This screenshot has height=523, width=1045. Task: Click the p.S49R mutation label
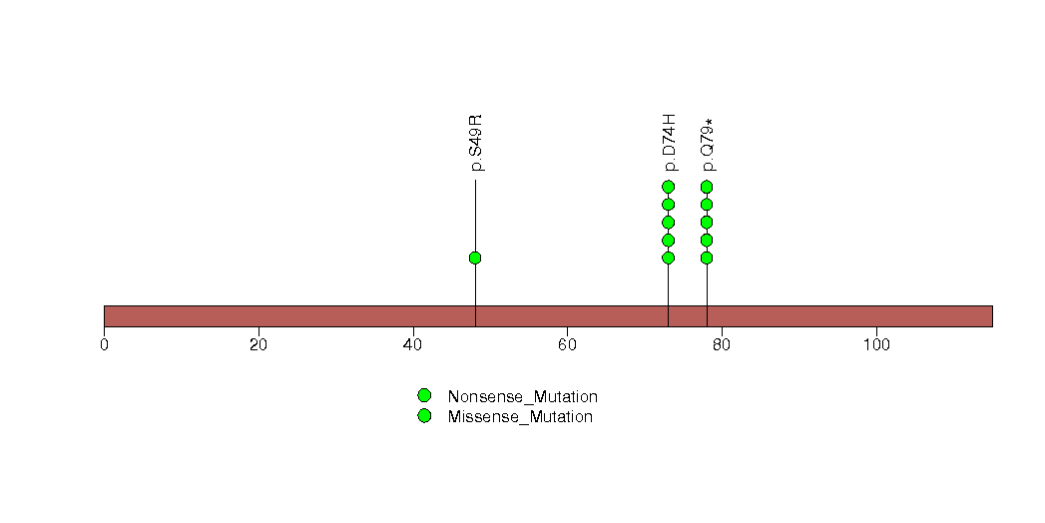click(x=476, y=143)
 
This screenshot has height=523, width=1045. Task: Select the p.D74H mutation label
click(x=670, y=143)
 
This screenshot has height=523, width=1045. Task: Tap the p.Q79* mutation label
click(x=708, y=145)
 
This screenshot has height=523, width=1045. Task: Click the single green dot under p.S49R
click(x=475, y=258)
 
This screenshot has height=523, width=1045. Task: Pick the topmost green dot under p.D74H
click(x=669, y=187)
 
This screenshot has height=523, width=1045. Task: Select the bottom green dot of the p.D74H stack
click(x=669, y=258)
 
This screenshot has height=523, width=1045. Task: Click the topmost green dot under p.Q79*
click(x=707, y=187)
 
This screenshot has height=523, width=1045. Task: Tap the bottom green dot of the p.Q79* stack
click(x=707, y=258)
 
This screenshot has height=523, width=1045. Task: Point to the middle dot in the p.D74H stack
click(x=669, y=222)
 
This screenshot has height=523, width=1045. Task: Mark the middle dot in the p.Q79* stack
click(x=707, y=222)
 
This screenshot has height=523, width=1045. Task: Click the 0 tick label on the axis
click(x=104, y=345)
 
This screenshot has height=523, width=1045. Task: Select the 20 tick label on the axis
click(x=259, y=345)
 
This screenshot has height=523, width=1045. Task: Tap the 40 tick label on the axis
click(x=413, y=345)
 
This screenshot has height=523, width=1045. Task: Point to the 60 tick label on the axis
click(x=567, y=345)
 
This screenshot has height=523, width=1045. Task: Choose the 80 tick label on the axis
click(x=722, y=345)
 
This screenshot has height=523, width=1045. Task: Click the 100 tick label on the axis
click(x=876, y=345)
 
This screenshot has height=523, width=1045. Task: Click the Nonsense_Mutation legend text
click(x=523, y=397)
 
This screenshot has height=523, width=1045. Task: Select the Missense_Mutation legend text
click(x=520, y=417)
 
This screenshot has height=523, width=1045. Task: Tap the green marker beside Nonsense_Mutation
click(x=424, y=396)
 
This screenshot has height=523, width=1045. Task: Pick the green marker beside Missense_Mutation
click(x=424, y=416)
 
